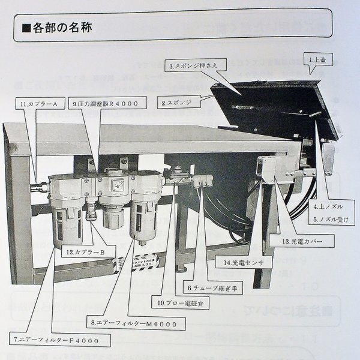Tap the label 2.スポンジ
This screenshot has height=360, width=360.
point(176,103)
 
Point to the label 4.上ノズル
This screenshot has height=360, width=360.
point(329,208)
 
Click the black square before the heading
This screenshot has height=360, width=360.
point(25,28)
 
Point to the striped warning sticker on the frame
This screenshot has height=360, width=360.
point(138,262)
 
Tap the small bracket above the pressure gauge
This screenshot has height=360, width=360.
point(124,162)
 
